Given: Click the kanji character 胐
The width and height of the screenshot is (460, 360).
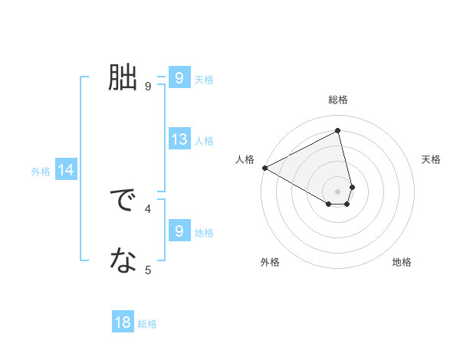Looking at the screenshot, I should click(123, 78).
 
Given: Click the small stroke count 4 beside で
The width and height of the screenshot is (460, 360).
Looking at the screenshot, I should click(148, 208).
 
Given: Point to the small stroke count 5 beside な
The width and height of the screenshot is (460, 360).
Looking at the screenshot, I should click(148, 270).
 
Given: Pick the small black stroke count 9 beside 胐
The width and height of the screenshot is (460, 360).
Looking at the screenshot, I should click(148, 86).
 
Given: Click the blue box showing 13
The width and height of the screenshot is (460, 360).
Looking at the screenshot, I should click(179, 139).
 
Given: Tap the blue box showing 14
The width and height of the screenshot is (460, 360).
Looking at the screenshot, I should click(66, 171).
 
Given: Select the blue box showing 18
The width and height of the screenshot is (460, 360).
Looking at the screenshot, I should click(123, 322).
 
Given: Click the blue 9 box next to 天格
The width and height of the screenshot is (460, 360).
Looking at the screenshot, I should click(179, 78).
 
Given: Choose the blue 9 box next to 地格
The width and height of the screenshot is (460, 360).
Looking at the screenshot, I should click(179, 231).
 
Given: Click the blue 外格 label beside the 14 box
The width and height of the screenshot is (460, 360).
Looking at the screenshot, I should click(41, 172).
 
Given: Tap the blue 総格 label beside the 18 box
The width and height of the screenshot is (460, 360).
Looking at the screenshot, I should click(147, 324).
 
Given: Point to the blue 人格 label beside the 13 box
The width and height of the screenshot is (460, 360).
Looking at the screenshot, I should click(204, 141).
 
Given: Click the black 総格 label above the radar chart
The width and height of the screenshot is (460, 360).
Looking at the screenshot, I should click(338, 100).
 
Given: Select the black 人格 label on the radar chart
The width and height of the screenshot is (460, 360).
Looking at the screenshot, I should click(245, 159).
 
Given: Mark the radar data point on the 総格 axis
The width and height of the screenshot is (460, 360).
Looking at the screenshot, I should click(338, 130).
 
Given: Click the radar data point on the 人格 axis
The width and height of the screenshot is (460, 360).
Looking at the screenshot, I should click(264, 167).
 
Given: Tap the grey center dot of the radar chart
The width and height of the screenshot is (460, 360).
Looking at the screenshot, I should click(338, 191).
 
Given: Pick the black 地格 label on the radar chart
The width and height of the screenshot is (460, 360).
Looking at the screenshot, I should click(402, 262).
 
